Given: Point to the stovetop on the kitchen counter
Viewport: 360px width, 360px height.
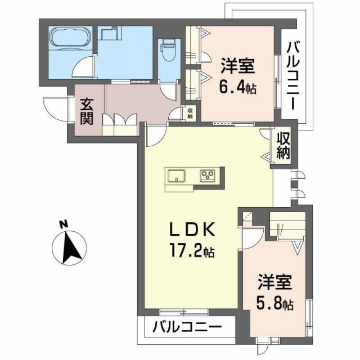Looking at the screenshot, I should [208, 175].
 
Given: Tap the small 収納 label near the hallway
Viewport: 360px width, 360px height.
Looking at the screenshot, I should [191, 113].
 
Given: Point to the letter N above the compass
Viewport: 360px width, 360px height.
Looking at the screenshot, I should [64, 226].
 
